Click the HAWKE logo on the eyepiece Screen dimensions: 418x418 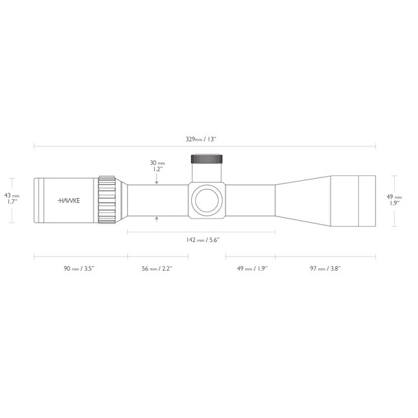69,200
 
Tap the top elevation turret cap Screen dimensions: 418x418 207,159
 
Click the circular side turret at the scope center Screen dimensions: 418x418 207,200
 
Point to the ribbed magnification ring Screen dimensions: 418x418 109,199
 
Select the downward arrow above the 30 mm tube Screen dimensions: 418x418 157,181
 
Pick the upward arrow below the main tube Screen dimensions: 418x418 157,219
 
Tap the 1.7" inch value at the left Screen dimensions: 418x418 12,203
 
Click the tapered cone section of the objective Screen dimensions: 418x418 302,199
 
